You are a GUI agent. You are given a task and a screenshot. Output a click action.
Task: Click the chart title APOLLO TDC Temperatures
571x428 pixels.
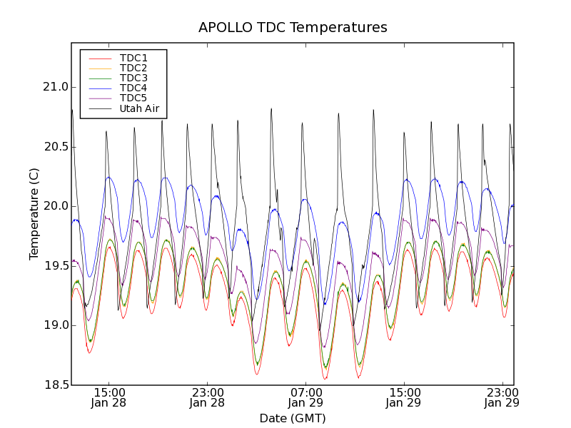pyautogui.click(x=293, y=28)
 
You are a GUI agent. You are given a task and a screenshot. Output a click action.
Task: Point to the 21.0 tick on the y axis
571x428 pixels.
pyautogui.click(x=55, y=88)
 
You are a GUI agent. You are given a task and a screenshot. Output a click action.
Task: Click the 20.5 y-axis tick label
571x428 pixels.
pyautogui.click(x=55, y=147)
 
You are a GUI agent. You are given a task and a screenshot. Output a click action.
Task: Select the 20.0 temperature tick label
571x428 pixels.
pyautogui.click(x=55, y=206)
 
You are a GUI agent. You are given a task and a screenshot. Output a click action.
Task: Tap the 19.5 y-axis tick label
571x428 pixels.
pyautogui.click(x=55, y=266)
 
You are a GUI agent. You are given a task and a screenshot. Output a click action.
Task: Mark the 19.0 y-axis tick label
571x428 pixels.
pyautogui.click(x=55, y=325)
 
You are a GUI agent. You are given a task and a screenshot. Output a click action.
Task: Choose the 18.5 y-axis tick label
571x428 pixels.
pyautogui.click(x=55, y=385)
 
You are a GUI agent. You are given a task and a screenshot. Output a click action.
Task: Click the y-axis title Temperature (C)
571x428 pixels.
pyautogui.click(x=34, y=214)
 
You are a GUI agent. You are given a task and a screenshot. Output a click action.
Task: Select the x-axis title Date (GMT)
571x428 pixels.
pyautogui.click(x=293, y=418)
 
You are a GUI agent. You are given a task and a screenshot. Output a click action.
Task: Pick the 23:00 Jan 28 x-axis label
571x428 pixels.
pyautogui.click(x=207, y=397)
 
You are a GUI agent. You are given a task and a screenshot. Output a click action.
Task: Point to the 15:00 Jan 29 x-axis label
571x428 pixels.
pyautogui.click(x=404, y=397)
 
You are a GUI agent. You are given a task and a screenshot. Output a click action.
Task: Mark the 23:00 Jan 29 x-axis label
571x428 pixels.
pyautogui.click(x=502, y=397)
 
